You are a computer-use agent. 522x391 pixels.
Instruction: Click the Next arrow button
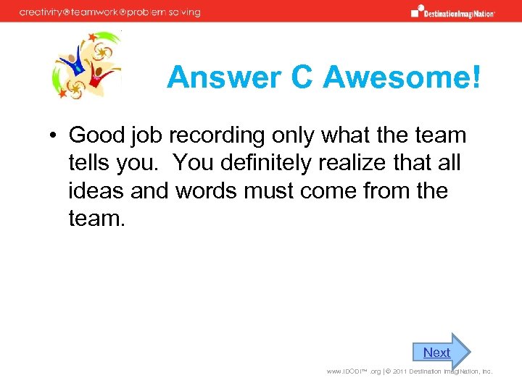tap(442, 353)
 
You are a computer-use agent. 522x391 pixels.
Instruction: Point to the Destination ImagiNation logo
tap(452, 12)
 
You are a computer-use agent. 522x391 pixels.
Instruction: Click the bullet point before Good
tap(54, 136)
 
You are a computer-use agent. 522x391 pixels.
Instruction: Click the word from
tap(384, 191)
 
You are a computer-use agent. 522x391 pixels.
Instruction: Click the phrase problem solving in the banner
tap(165, 12)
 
